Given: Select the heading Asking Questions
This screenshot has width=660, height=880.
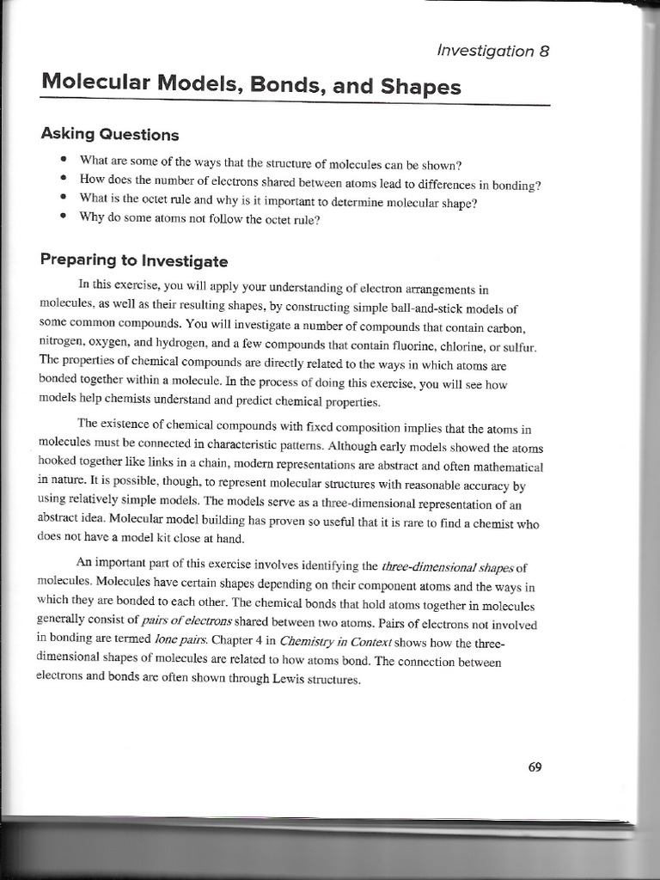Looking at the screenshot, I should pyautogui.click(x=110, y=135).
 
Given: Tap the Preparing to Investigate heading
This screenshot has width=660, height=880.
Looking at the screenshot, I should pyautogui.click(x=134, y=261).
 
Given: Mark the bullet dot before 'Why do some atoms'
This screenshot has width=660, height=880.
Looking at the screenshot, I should pyautogui.click(x=64, y=217).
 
